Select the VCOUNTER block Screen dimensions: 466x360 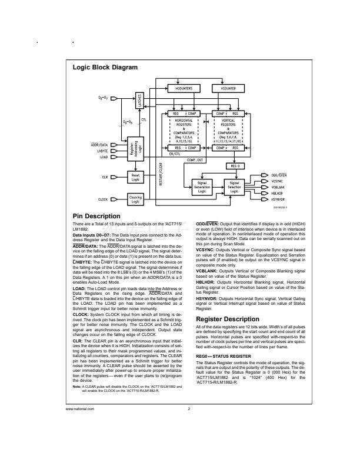click(x=228, y=88)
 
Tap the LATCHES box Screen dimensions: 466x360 click(x=140, y=101)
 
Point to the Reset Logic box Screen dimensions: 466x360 click(x=135, y=177)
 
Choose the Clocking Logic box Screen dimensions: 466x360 click(x=135, y=199)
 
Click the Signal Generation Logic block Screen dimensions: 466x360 click(x=201, y=187)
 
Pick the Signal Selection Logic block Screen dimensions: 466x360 click(x=234, y=187)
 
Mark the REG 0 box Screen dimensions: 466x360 click(x=235, y=166)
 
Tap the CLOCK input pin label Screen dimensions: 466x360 click(x=102, y=200)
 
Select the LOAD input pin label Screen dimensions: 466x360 click(x=103, y=157)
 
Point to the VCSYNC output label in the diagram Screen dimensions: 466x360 click(x=278, y=181)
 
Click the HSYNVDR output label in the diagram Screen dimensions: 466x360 click(x=279, y=198)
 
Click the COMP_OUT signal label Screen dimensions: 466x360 click(x=195, y=159)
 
